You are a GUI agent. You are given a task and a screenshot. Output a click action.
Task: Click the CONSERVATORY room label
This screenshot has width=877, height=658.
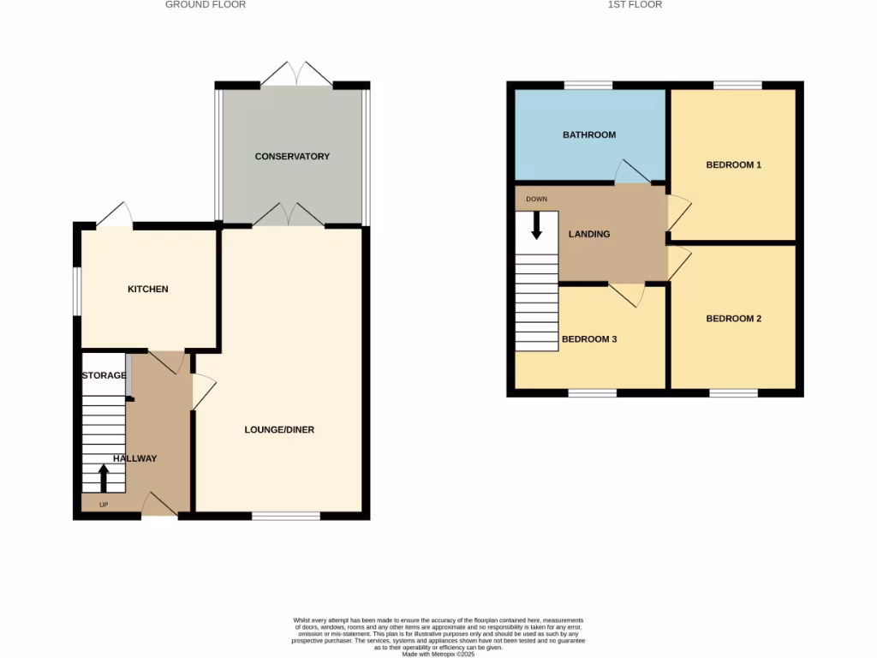click(292, 157)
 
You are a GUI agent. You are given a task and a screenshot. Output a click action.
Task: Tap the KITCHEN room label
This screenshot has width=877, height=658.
click(148, 290)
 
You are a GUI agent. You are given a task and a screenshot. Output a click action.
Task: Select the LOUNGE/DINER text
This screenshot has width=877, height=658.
click(279, 429)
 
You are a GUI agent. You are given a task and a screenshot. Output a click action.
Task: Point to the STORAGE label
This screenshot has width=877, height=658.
click(104, 376)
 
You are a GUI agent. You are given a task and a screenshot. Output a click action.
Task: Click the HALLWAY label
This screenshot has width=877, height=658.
click(135, 458)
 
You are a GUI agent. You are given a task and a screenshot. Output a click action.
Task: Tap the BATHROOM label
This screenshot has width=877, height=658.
click(588, 135)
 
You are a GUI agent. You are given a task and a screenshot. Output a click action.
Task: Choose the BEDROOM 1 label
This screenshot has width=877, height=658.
click(733, 164)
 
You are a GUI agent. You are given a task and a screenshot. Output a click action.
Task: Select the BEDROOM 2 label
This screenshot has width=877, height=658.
click(733, 319)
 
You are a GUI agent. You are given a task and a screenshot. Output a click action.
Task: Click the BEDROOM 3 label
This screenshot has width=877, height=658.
click(589, 339)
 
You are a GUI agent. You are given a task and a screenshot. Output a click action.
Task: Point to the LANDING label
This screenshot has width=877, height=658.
click(589, 234)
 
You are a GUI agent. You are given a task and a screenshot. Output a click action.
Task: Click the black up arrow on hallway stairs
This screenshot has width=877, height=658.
click(104, 477)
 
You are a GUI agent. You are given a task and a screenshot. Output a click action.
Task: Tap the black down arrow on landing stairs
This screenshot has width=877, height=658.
click(537, 224)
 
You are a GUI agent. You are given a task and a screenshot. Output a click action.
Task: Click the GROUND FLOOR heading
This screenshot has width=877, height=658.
click(206, 5)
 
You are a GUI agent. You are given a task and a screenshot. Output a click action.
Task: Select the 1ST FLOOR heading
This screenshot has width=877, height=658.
click(635, 5)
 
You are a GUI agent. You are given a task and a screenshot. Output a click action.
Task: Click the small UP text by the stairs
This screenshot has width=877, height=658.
click(104, 505)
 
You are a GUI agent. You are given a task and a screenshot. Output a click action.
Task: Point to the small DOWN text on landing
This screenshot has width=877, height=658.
click(536, 200)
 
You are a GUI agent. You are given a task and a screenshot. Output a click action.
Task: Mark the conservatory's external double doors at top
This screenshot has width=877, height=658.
click(296, 75)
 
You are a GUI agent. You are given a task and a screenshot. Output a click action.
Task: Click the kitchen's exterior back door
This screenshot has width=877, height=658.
click(115, 217)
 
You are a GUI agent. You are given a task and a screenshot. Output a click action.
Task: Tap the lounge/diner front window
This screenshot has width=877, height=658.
click(286, 516)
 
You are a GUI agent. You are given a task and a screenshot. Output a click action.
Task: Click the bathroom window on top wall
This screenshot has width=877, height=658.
click(588, 85)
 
